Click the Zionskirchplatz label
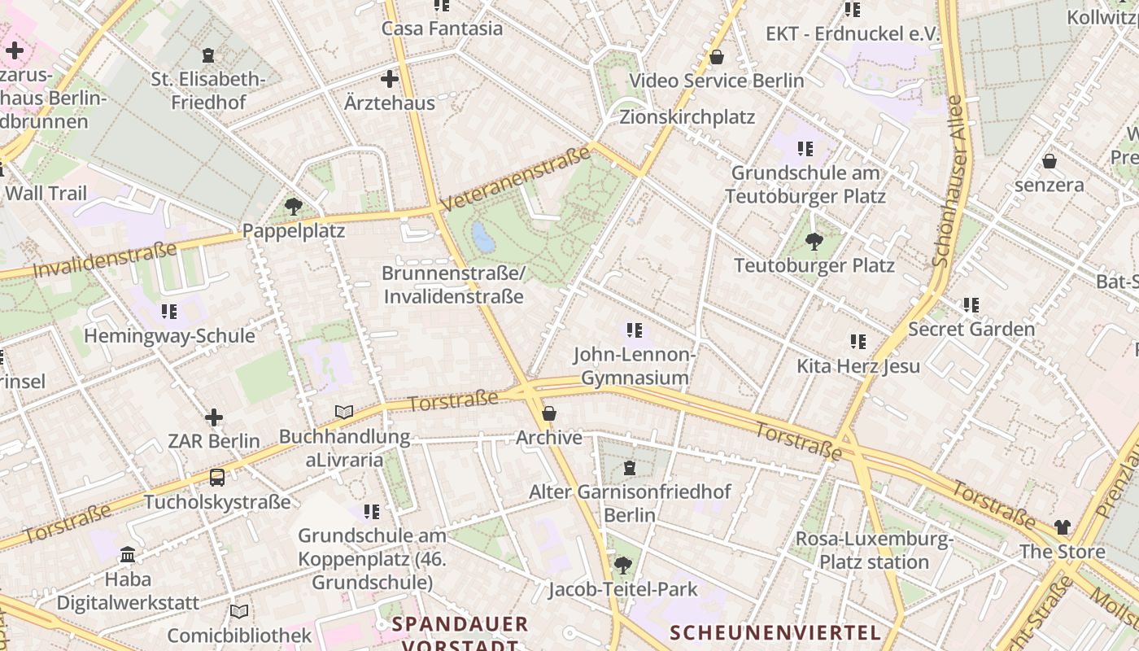pyautogui.click(x=687, y=116)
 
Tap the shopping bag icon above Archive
pyautogui.click(x=549, y=414)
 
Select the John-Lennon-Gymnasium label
pyautogui.click(x=635, y=366)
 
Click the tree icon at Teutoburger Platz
pyautogui.click(x=814, y=241)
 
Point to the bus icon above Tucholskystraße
pyautogui.click(x=216, y=478)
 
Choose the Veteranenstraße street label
pyautogui.click(x=515, y=178)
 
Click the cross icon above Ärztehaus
pyautogui.click(x=390, y=79)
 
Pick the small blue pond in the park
pyautogui.click(x=483, y=237)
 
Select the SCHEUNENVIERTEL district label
pyautogui.click(x=775, y=632)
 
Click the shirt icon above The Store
pyautogui.click(x=1063, y=527)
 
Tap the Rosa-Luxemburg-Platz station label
pyautogui.click(x=874, y=550)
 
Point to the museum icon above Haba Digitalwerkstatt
pyautogui.click(x=128, y=555)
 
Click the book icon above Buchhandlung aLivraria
pyautogui.click(x=344, y=413)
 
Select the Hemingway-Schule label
pyautogui.click(x=169, y=335)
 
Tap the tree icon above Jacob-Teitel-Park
pyautogui.click(x=623, y=565)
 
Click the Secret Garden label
pyautogui.click(x=971, y=329)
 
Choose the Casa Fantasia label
pyautogui.click(x=443, y=28)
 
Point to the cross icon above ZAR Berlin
pyautogui.click(x=214, y=417)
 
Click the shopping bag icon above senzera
pyautogui.click(x=1050, y=161)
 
